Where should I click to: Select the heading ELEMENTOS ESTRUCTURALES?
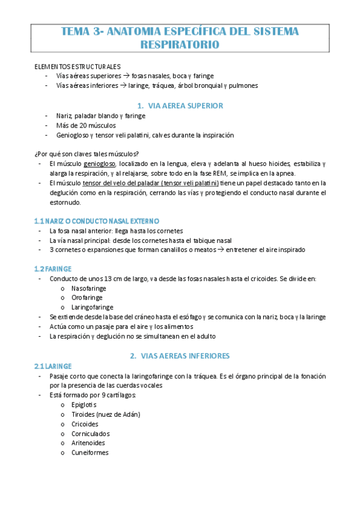pyautogui.click(x=78, y=67)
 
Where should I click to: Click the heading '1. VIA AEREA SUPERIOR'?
pyautogui.click(x=180, y=105)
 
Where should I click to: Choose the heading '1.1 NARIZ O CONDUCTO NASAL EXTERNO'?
pyautogui.click(x=97, y=221)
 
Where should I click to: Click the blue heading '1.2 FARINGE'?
pyautogui.click(x=53, y=269)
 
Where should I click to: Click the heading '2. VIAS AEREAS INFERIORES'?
pyautogui.click(x=180, y=355)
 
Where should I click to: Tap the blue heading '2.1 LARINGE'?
pyautogui.click(x=53, y=366)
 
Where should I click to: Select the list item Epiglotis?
pyautogui.click(x=84, y=405)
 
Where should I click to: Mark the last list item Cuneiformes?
pyautogui.click(x=90, y=453)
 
